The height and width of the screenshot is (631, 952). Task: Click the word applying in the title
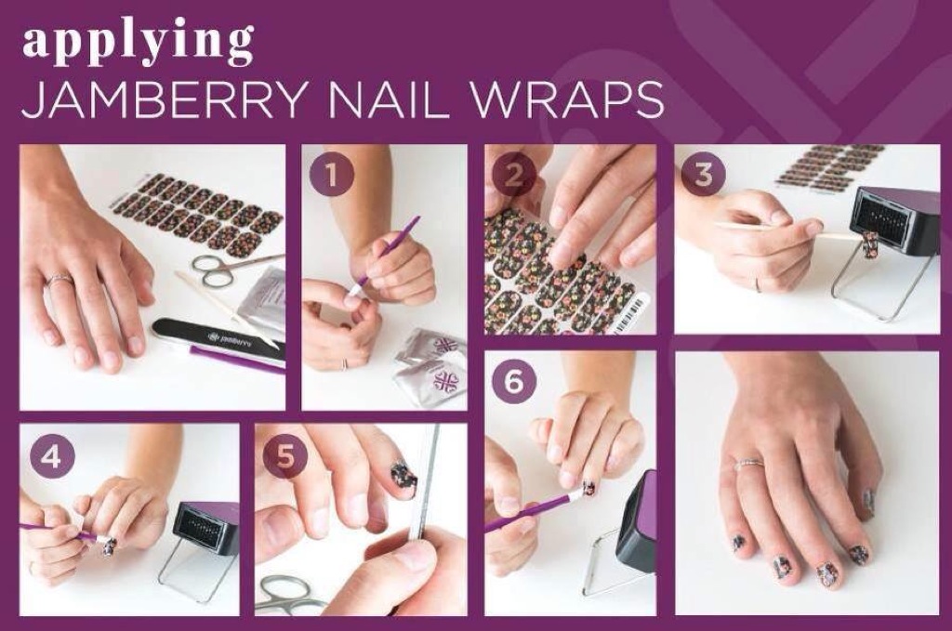click(139, 43)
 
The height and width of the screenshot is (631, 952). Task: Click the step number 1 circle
click(332, 174)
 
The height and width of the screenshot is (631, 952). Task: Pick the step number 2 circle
click(513, 174)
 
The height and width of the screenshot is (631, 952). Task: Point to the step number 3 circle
click(703, 174)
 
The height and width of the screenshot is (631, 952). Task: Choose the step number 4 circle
click(50, 456)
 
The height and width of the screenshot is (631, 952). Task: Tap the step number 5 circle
click(284, 456)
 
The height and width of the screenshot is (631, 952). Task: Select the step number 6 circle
click(513, 382)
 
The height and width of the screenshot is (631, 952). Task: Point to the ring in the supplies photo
click(60, 279)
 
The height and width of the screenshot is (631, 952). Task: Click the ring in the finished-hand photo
click(748, 464)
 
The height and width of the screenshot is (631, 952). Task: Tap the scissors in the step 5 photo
click(290, 594)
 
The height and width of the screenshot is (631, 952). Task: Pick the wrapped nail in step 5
click(401, 477)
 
